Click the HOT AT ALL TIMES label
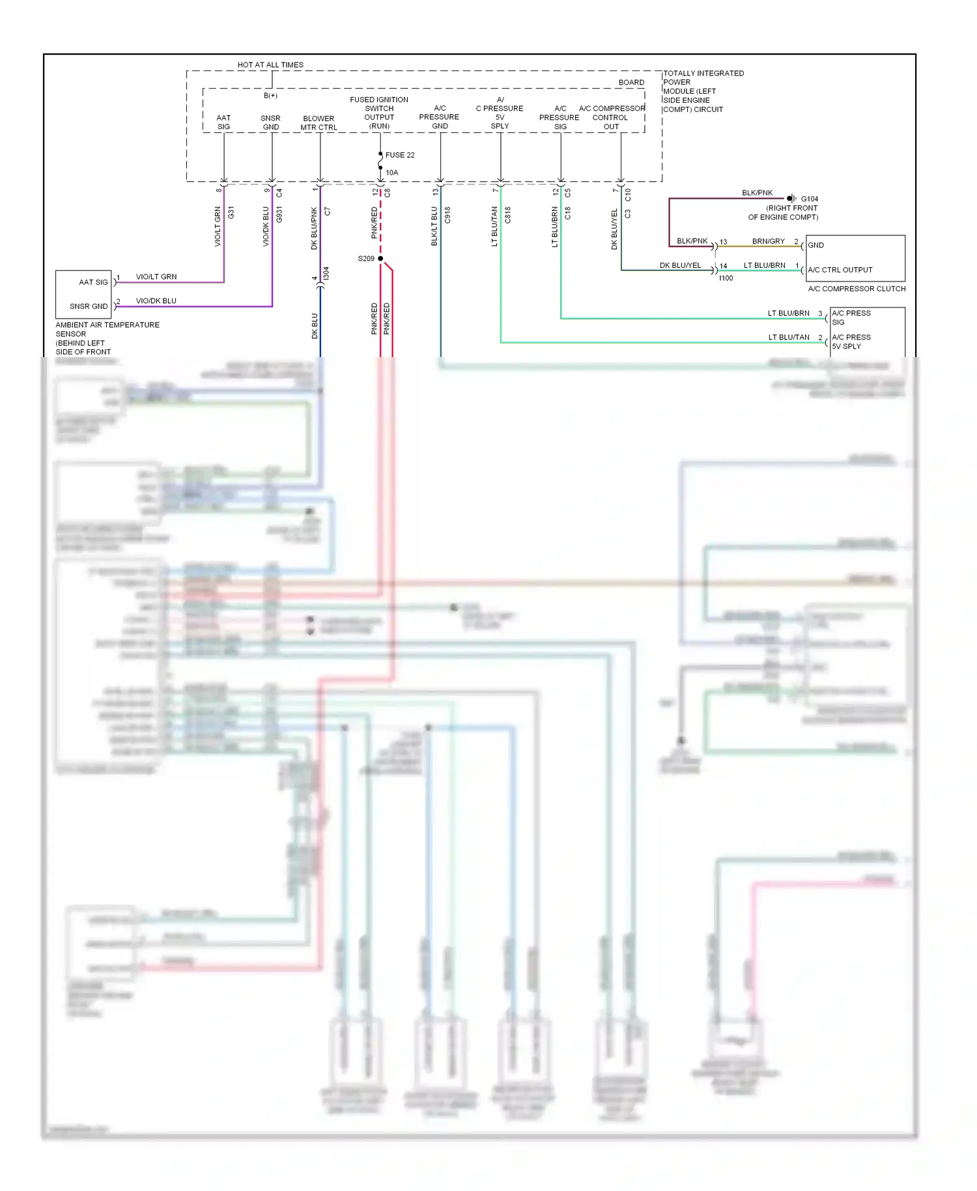pos(270,65)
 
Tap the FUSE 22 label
pos(400,155)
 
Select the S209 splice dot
pos(380,259)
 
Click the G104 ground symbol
pos(791,198)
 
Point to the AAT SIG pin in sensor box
pos(93,282)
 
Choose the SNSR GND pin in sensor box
pos(89,306)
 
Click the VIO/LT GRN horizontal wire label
pos(156,277)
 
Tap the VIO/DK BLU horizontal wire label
pos(156,301)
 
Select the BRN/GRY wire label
pos(769,241)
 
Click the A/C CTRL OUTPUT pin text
pos(840,270)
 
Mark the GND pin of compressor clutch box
pos(816,246)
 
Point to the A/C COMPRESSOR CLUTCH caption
pos(857,289)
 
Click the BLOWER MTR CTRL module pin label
pos(319,123)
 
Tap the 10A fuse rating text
pos(392,173)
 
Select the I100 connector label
pos(726,278)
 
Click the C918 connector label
pos(447,215)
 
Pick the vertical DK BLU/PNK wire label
pos(314,228)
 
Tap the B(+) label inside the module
pos(270,96)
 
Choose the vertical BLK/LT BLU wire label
pos(434,226)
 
